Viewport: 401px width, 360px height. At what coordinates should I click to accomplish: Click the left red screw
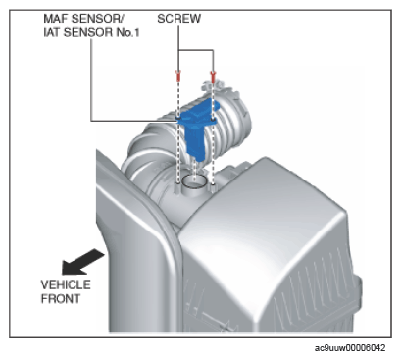178,77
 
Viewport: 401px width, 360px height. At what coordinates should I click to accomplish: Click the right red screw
213,77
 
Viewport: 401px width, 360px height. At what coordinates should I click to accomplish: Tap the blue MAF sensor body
197,129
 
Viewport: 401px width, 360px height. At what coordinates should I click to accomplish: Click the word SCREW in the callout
179,19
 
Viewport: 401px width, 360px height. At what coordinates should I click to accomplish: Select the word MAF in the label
55,19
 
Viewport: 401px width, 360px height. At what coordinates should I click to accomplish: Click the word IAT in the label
52,32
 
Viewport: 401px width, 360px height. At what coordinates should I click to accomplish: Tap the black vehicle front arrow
82,262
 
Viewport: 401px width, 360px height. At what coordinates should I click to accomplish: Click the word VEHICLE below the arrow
66,284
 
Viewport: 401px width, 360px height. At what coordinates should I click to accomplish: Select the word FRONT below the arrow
61,299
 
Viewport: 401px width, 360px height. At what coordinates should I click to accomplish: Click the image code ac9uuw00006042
350,348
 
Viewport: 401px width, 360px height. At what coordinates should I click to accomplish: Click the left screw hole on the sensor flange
178,117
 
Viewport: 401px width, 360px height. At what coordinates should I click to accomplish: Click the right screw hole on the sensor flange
213,122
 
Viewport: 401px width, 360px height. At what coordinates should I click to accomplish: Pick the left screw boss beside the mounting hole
177,187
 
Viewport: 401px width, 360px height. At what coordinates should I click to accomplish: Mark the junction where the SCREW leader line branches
178,50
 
